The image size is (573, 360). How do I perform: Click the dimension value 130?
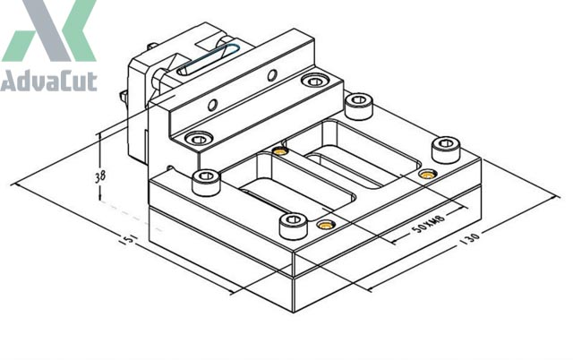tap(472, 236)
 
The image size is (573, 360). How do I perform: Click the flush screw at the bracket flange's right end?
tap(312, 82)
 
